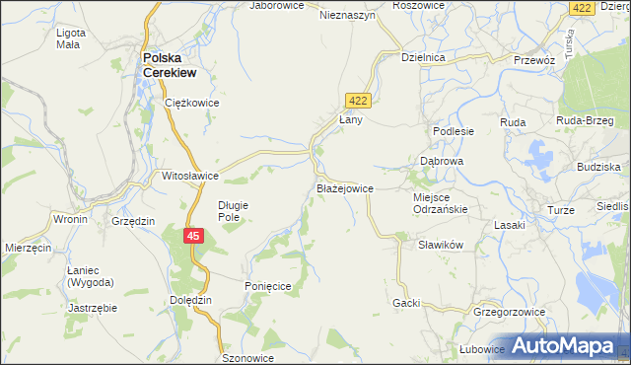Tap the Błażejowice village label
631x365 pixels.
click(344, 187)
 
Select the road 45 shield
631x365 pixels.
click(194, 236)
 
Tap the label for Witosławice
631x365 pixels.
click(190, 177)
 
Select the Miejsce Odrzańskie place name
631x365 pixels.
click(439, 202)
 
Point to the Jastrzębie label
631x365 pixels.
click(93, 308)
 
